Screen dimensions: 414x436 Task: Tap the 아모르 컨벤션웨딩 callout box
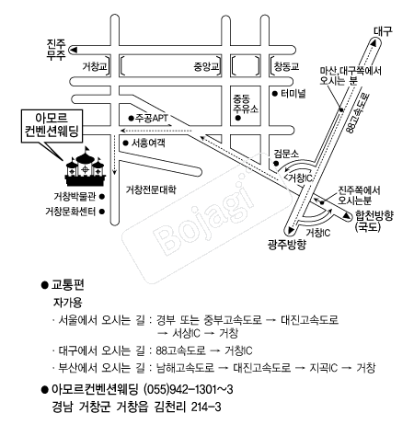coord(52,126)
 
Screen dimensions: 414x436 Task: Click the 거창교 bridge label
coord(95,66)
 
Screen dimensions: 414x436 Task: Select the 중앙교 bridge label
coord(206,66)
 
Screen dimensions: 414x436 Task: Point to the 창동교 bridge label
coord(286,66)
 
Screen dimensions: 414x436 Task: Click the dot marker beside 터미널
coord(275,94)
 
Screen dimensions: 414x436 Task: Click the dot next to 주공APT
coord(132,118)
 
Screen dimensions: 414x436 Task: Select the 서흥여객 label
coord(148,143)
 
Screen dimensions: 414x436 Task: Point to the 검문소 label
coord(286,154)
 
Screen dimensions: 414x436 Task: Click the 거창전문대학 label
coord(151,189)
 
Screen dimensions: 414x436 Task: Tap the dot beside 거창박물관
coord(102,197)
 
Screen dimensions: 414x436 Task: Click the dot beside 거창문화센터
coord(102,212)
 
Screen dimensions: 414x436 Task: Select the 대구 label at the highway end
coord(383,31)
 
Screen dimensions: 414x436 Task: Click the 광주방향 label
coord(287,245)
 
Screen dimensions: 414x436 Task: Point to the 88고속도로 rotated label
coord(358,113)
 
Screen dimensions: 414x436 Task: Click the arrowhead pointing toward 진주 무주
coord(74,50)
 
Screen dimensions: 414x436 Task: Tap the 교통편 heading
coord(67,285)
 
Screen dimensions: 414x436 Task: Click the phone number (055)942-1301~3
coord(189,389)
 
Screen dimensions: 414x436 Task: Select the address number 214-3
coord(206,407)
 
